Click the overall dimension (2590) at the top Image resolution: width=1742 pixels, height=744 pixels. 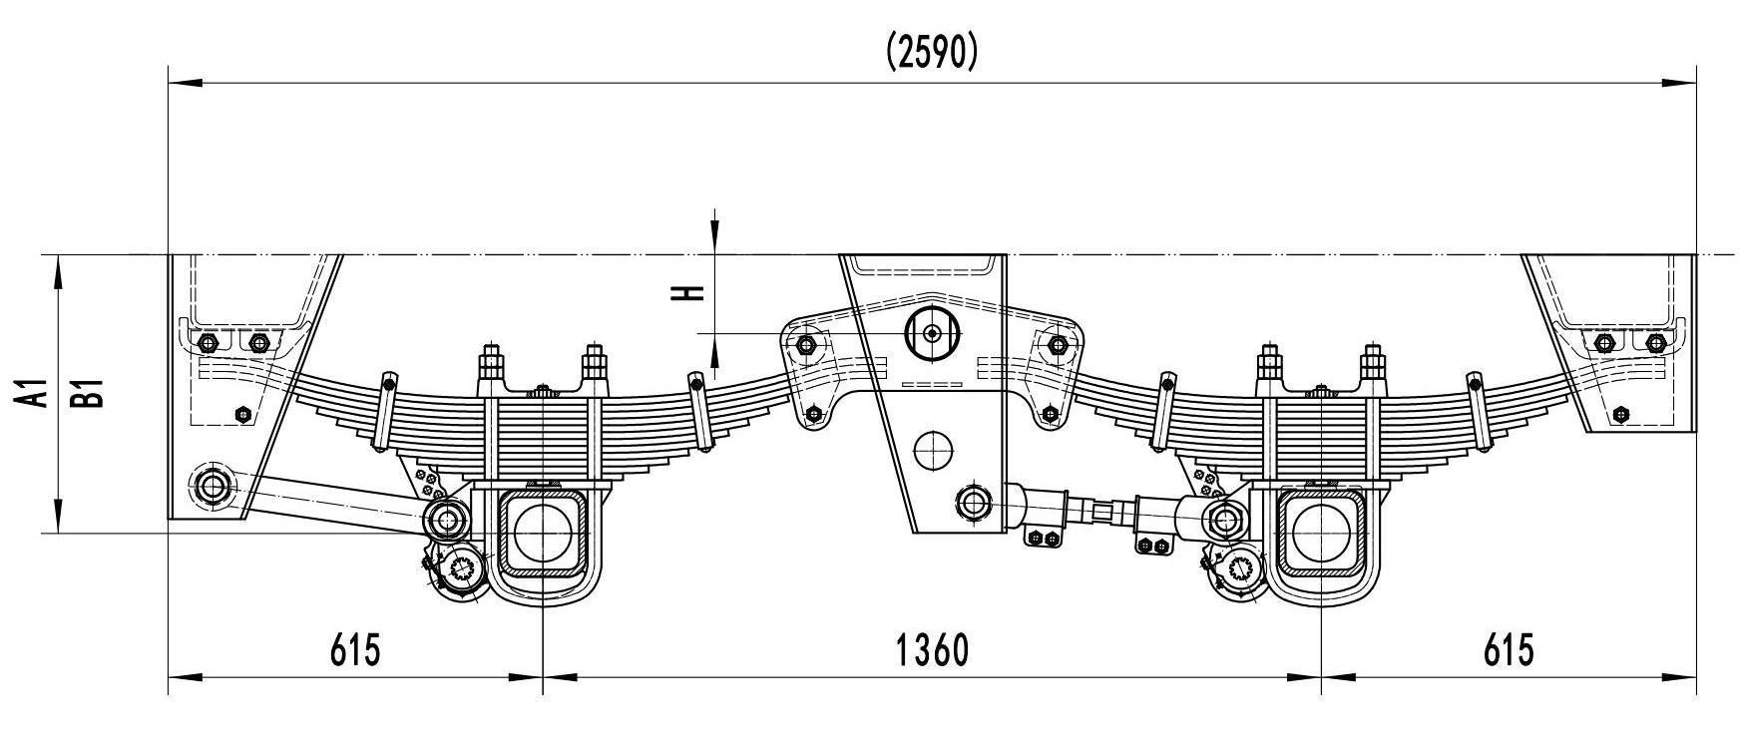[932, 53]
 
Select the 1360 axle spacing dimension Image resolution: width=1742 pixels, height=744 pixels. [932, 650]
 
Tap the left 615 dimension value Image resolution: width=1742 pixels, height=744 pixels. [355, 650]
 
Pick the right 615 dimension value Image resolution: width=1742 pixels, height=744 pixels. [1508, 650]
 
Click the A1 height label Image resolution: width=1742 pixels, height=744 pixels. [38, 392]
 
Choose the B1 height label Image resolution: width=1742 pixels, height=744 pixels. [93, 392]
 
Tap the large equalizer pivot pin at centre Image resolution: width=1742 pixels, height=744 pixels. [931, 333]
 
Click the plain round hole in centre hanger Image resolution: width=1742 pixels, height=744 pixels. [934, 449]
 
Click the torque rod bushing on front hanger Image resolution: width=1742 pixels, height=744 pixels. [214, 487]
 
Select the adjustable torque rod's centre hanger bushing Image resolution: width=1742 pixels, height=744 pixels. [973, 501]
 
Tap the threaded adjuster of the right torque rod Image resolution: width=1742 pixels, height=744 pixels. [1102, 512]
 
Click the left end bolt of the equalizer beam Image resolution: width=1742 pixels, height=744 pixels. [806, 346]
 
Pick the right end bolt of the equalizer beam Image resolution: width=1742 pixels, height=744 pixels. [1057, 346]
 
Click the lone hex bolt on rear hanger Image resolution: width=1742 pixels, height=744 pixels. [1620, 414]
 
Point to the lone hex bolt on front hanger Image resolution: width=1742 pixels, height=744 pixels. [241, 414]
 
